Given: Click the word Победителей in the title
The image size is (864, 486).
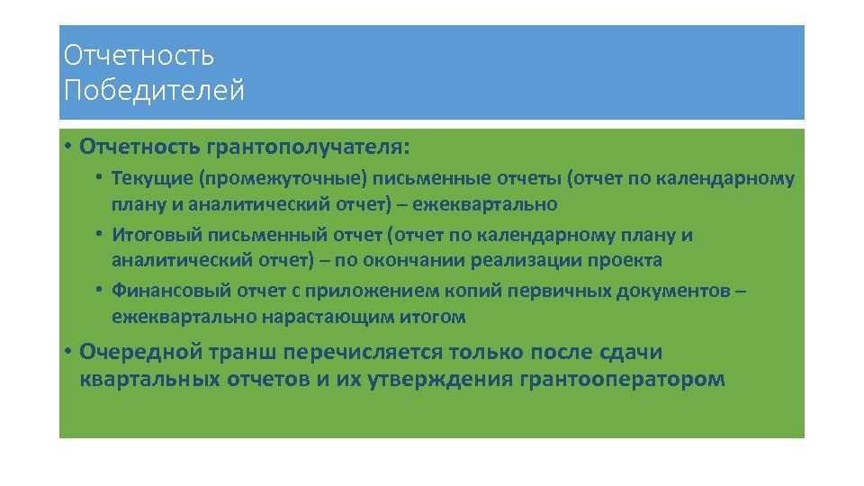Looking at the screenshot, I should tap(154, 91).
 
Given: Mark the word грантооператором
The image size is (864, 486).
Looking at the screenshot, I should tap(622, 379).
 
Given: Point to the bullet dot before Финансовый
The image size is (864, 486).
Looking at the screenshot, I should tap(103, 291).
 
